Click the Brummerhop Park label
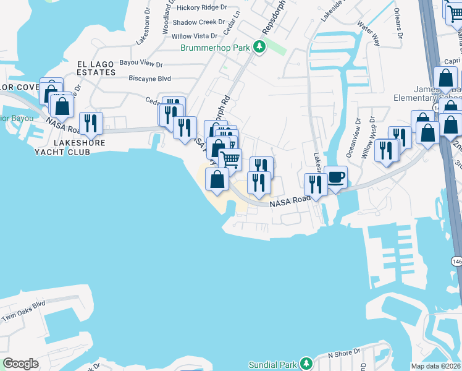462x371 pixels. (216, 48)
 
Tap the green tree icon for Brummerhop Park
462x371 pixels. (261, 46)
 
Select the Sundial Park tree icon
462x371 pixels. (306, 363)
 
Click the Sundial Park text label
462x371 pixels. (273, 364)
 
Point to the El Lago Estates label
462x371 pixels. (96, 68)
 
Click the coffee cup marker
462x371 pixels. (335, 177)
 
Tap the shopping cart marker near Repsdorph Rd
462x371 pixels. (230, 160)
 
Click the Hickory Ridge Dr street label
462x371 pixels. (201, 7)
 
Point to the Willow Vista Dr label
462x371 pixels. (195, 37)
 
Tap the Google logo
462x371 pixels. (21, 363)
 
